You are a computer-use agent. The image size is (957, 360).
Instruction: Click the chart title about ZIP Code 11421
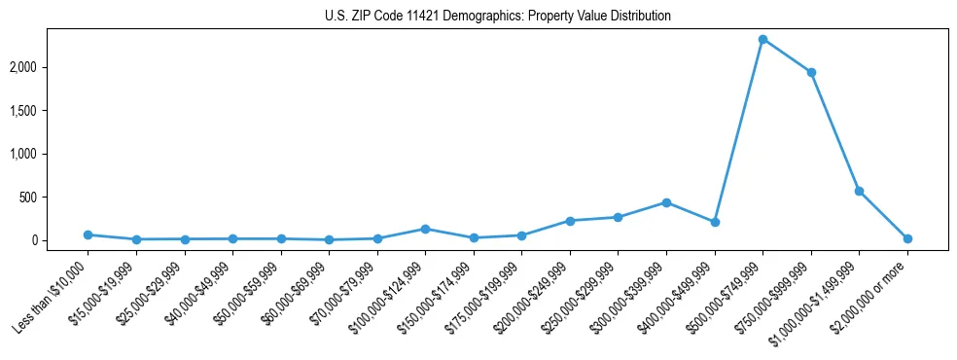click(497, 17)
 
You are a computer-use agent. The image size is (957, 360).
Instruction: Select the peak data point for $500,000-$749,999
click(762, 39)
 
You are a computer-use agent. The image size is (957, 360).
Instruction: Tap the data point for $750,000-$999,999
click(811, 72)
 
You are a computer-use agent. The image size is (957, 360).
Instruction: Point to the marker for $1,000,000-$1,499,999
click(859, 191)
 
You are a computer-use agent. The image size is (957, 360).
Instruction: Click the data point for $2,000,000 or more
click(907, 238)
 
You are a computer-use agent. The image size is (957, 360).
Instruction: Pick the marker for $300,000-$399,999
click(666, 202)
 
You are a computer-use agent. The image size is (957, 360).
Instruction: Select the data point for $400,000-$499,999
click(715, 222)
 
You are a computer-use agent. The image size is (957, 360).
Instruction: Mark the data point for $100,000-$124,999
click(425, 229)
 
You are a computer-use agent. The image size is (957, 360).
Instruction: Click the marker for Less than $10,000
click(88, 234)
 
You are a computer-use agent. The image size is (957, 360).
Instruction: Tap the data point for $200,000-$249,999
click(570, 221)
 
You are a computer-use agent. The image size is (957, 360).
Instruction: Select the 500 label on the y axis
click(56, 198)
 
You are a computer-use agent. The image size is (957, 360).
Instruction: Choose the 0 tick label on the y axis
click(61, 240)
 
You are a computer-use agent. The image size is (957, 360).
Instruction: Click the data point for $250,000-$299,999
click(618, 217)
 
